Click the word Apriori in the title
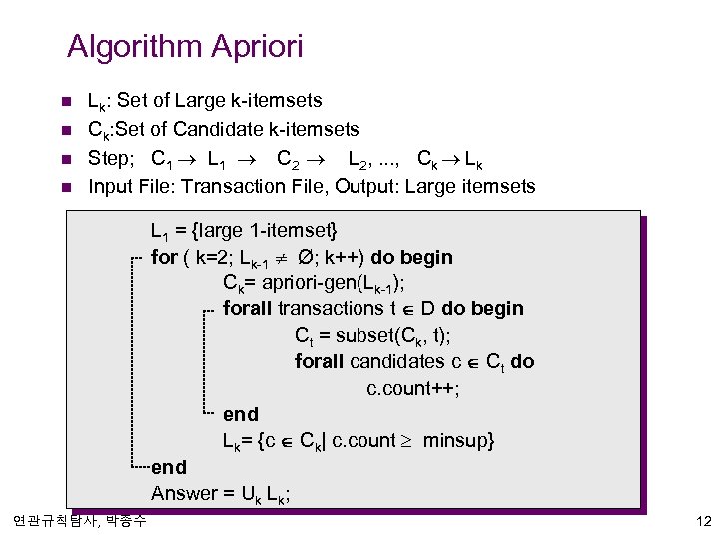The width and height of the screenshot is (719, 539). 257,47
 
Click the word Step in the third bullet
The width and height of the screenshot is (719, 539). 109,158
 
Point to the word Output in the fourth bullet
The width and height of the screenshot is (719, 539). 364,186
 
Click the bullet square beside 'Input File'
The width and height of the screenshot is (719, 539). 66,187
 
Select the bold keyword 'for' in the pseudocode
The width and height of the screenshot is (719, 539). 163,257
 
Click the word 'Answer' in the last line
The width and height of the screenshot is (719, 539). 183,493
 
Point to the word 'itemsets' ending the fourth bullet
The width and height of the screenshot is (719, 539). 495,186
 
